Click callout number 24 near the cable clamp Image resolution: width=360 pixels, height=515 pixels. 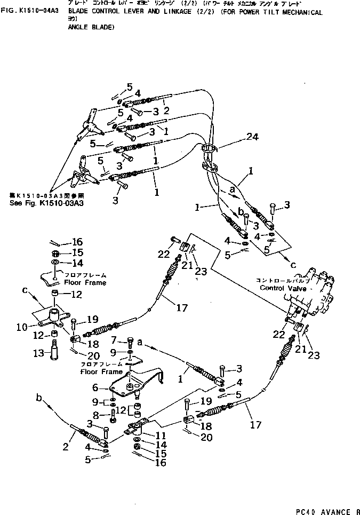pos(252,137)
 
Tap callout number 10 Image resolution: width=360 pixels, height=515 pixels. pos(36,327)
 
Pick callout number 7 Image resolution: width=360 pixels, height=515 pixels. pos(114,340)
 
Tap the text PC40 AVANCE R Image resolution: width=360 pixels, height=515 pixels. pos(322,510)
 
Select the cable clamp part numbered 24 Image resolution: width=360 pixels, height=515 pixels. pos(209,155)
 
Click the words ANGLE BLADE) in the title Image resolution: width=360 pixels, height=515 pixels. pos(91,27)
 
